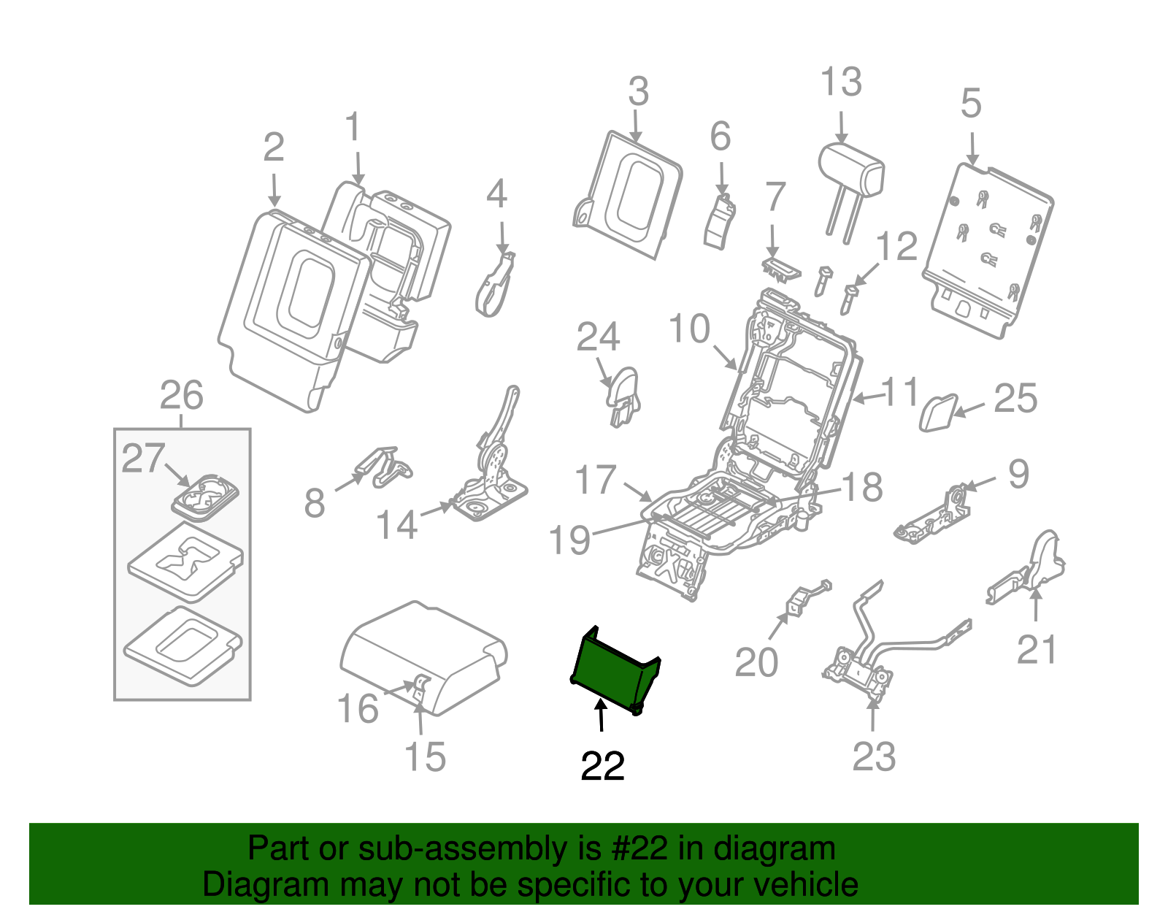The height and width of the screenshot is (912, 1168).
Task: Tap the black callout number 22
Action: click(x=602, y=766)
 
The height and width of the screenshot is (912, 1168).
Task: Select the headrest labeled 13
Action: click(x=851, y=172)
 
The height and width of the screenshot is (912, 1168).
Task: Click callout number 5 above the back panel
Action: click(x=970, y=104)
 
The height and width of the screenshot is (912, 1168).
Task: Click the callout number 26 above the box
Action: click(x=181, y=396)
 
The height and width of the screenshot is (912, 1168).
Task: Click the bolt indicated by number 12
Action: click(x=848, y=298)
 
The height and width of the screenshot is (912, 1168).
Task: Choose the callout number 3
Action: click(x=638, y=93)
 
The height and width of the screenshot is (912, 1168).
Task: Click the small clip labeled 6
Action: click(x=719, y=223)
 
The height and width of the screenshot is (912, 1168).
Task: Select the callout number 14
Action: click(x=396, y=524)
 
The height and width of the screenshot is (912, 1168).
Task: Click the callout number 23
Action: click(x=874, y=756)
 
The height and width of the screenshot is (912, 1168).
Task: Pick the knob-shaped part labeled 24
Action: click(x=623, y=394)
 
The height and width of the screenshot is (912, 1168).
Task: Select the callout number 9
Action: click(x=1018, y=474)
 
